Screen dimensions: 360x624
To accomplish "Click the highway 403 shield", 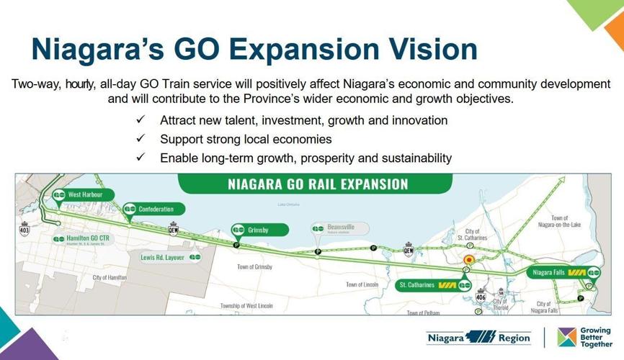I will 24,230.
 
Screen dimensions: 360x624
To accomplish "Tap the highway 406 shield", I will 481,296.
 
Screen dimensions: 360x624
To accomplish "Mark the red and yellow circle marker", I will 469,260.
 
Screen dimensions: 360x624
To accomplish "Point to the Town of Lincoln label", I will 364,285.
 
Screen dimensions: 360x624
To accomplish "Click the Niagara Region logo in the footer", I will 478,337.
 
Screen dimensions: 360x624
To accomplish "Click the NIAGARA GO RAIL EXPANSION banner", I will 318,184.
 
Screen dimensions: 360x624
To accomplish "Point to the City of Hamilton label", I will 110,277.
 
